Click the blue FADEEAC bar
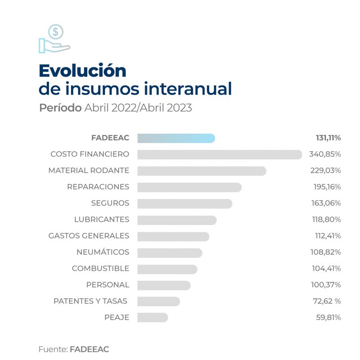coord(176,138)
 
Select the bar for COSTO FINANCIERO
coord(219,154)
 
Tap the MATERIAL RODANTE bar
coord(202,171)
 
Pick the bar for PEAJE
coord(153,318)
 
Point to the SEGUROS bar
coord(184,203)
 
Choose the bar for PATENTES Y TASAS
coord(158,301)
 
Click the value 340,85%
coord(325,154)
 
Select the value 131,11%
coord(328,138)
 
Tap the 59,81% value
coord(328,318)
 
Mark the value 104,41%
coord(326,269)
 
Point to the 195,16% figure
coord(327,187)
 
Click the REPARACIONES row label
coord(98,187)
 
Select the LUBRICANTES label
coord(102,220)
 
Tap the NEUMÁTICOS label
coord(103,252)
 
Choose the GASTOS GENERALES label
coord(89,236)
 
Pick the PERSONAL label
coord(108,285)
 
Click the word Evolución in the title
coord(82,71)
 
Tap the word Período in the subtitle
coord(60,108)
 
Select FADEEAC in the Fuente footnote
coord(89,349)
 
